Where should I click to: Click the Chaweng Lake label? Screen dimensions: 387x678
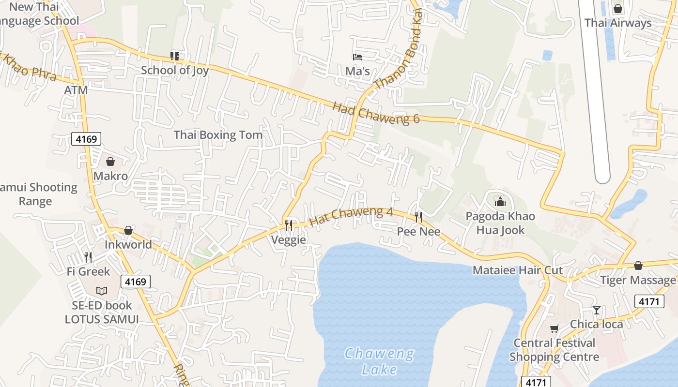[x=379, y=361]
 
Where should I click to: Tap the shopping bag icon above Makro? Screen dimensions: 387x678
[x=110, y=162]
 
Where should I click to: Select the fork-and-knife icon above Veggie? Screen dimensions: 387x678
[x=289, y=225]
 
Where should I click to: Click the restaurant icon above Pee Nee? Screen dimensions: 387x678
[x=418, y=217]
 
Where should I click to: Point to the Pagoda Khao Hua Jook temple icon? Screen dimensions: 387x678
[x=500, y=200]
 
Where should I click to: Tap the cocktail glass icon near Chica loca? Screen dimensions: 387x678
[x=597, y=310]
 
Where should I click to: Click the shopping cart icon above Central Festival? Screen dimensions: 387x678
[x=554, y=329]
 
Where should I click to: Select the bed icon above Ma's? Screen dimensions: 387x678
[x=357, y=57]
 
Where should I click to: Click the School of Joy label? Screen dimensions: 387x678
[x=175, y=70]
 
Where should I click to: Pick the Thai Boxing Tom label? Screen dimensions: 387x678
[x=218, y=135]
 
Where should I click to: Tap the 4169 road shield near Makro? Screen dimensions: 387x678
[x=87, y=139]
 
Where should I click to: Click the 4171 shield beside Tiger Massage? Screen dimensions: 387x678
[x=649, y=301]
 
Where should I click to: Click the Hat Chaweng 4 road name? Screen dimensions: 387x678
[x=351, y=216]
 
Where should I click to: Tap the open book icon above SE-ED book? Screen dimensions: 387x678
[x=101, y=291]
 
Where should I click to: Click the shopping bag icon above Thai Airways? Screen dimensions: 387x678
[x=618, y=9]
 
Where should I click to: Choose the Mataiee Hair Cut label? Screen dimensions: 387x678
[x=518, y=270]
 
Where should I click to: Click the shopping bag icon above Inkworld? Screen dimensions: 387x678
[x=128, y=230]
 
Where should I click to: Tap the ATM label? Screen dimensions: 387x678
[x=76, y=90]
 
